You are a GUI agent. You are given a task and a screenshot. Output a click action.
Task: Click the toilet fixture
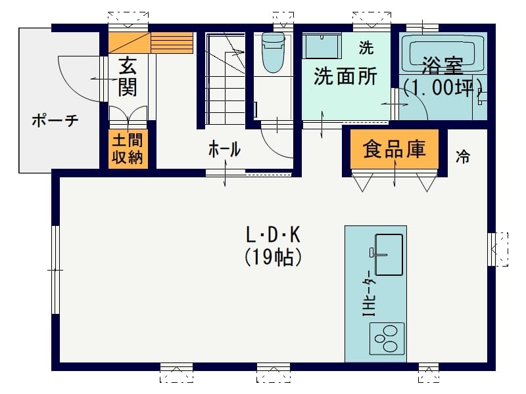[273, 52]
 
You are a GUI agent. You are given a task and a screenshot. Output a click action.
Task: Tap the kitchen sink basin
[389, 255]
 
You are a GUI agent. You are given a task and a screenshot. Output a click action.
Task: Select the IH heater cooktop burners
[387, 338]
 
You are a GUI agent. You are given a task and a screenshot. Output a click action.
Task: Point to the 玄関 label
[128, 76]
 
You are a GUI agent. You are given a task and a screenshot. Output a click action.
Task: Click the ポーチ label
[55, 120]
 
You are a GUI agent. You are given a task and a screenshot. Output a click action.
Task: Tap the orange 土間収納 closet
[128, 149]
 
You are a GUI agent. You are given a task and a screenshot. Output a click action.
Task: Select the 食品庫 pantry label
[394, 149]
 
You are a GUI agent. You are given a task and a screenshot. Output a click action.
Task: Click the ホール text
[224, 149]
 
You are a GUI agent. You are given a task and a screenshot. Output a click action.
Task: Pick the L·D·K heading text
[273, 234]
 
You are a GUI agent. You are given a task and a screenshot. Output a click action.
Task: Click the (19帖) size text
[273, 257]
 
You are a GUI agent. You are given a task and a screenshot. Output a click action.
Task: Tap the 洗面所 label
[346, 76]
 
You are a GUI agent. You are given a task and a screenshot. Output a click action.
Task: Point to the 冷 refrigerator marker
[463, 156]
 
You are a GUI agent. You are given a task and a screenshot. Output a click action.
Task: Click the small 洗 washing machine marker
[366, 47]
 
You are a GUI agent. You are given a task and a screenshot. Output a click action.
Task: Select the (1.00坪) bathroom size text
[442, 88]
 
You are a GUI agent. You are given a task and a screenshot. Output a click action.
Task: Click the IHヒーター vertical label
[370, 293]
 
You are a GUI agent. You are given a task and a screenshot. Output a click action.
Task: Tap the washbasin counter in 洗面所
[322, 45]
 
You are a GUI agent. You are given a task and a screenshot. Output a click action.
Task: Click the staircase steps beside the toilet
[225, 79]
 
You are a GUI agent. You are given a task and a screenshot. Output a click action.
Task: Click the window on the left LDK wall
[55, 270]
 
